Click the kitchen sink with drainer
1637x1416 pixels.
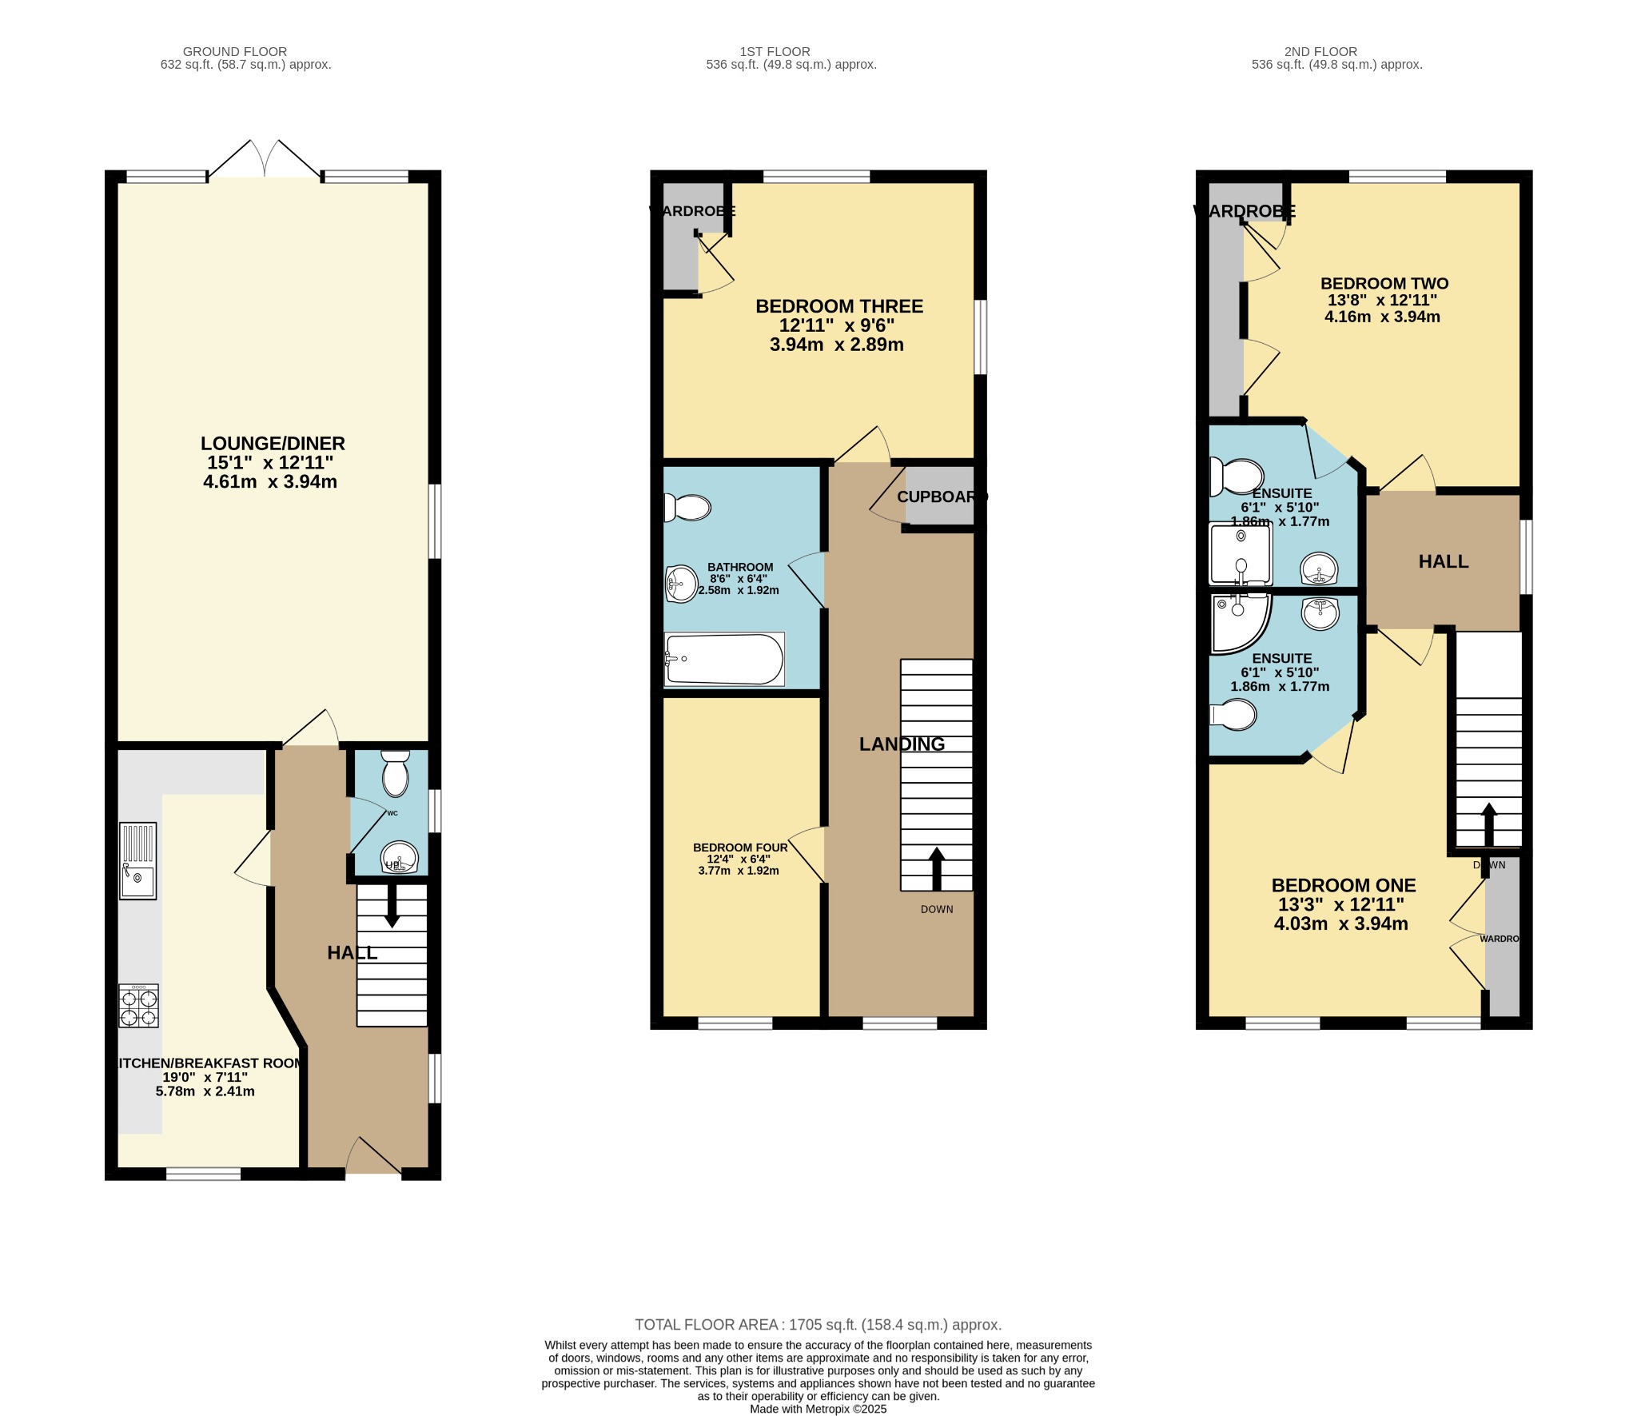click(137, 861)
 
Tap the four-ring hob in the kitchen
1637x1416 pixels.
click(138, 1006)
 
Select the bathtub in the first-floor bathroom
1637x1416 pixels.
click(724, 660)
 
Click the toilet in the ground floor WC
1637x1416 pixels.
click(395, 774)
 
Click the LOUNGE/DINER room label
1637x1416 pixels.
click(273, 444)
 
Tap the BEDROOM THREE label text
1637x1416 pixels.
click(838, 306)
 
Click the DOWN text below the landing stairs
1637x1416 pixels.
click(937, 909)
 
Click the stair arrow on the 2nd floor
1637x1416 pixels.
click(1488, 824)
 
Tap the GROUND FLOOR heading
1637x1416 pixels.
click(235, 51)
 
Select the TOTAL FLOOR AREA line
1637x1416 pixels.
click(818, 1325)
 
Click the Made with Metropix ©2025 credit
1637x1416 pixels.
click(818, 1410)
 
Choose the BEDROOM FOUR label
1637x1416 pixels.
click(740, 848)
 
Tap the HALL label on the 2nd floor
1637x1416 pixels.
click(1444, 561)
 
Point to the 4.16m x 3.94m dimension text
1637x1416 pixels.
click(1382, 317)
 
